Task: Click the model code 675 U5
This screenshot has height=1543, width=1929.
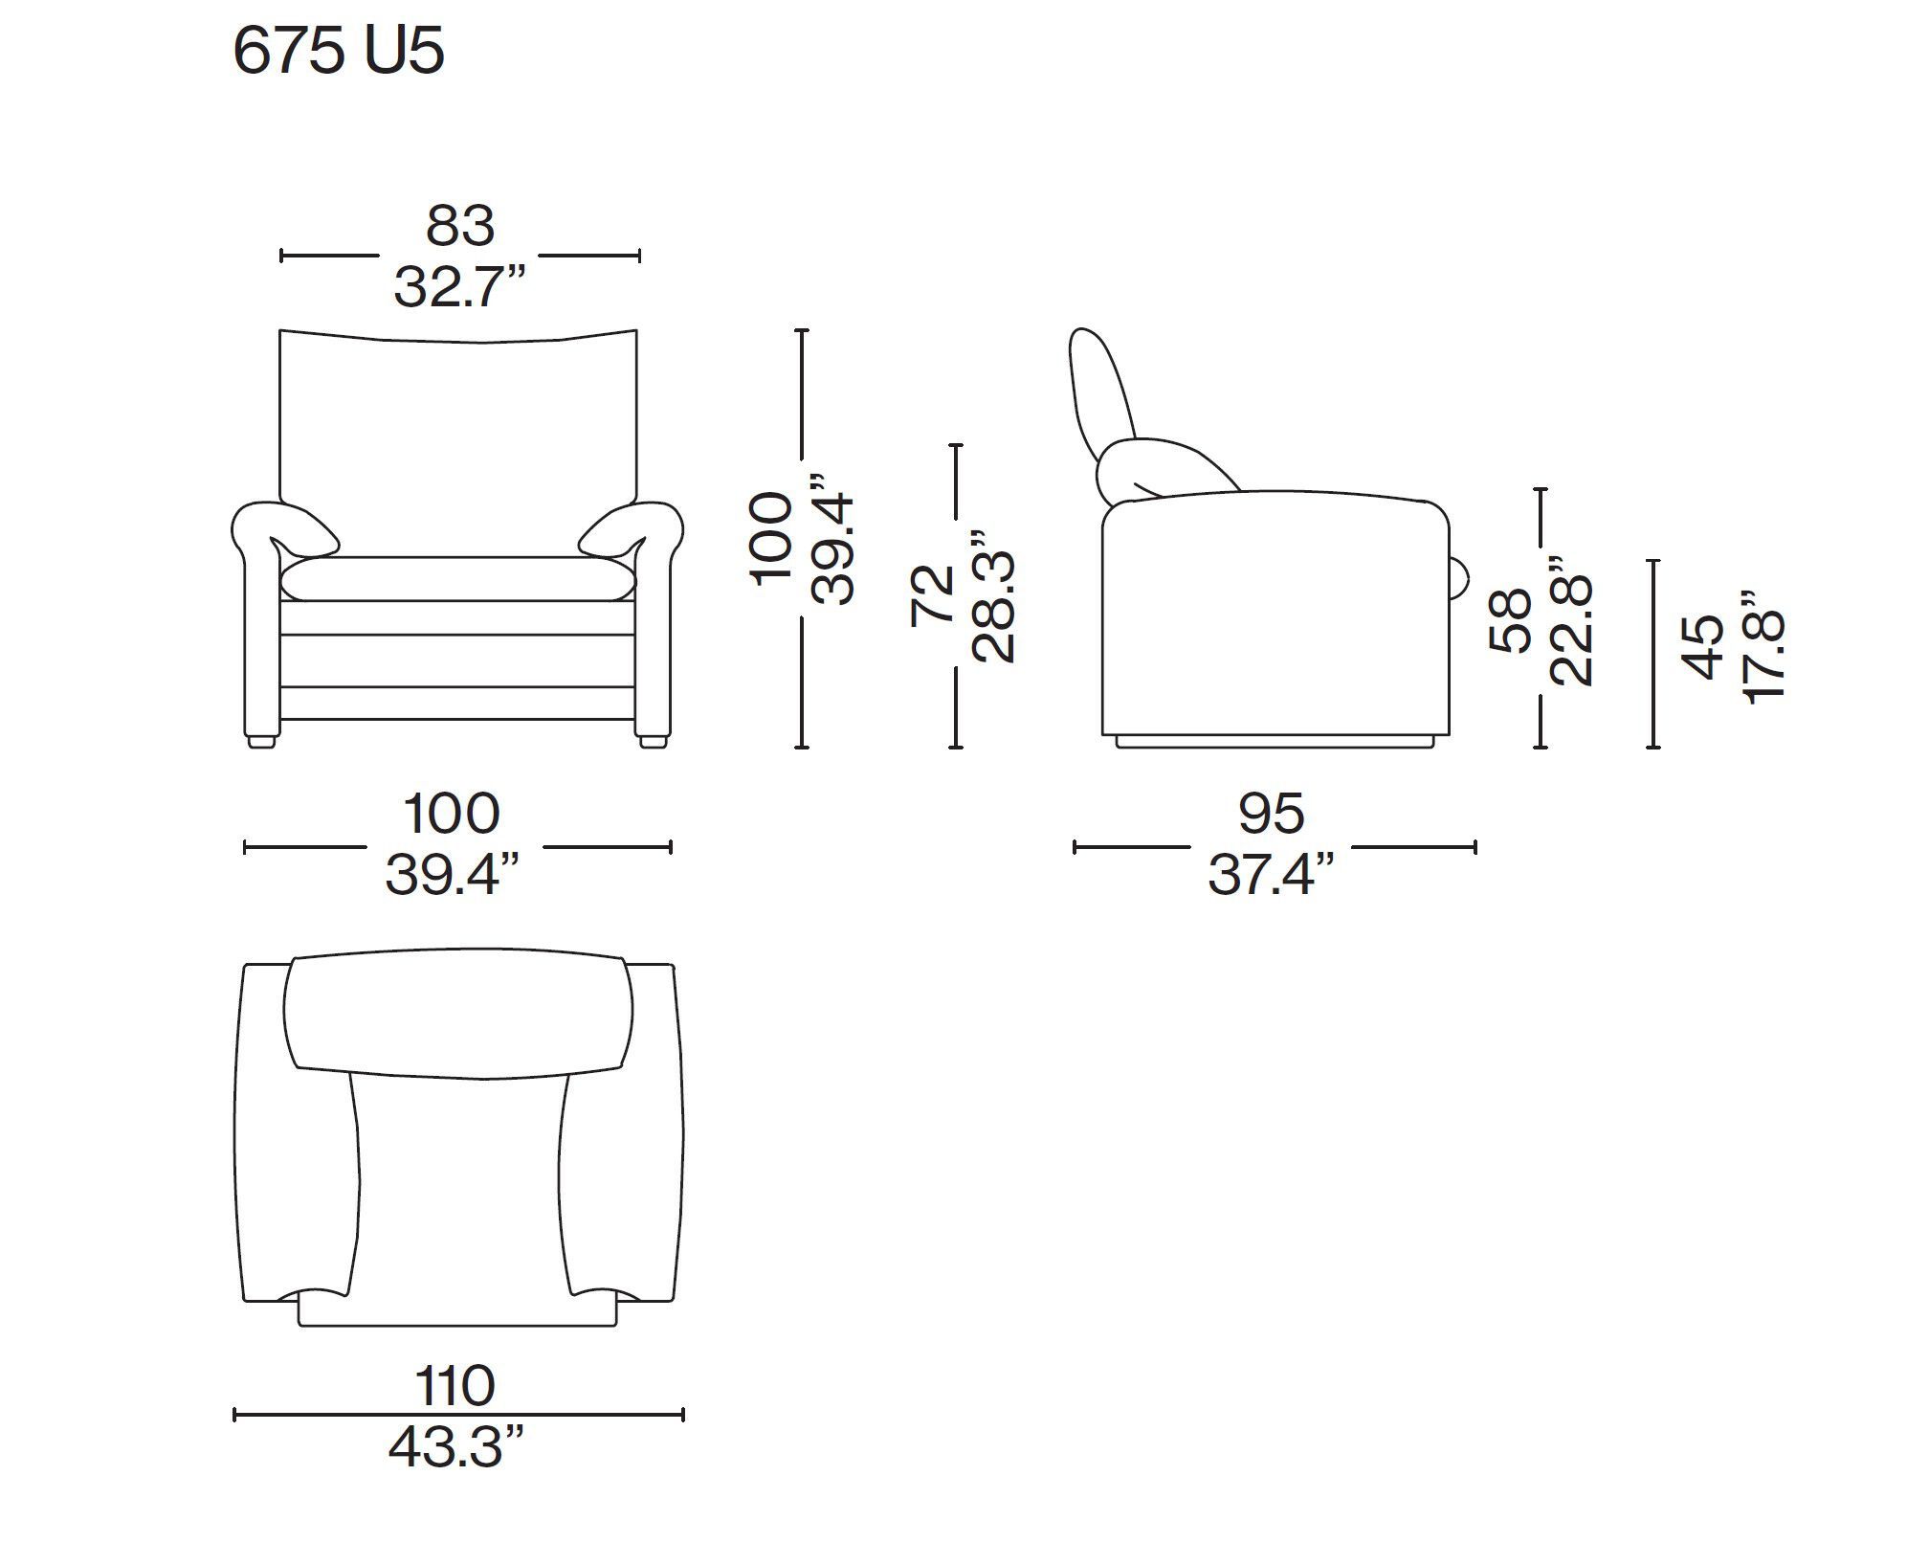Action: [x=339, y=52]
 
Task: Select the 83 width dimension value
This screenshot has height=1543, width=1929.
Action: [x=460, y=227]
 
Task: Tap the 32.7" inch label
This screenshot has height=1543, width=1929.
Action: [x=460, y=285]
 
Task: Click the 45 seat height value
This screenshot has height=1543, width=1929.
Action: [x=1704, y=648]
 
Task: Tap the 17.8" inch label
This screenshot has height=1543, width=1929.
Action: [x=1764, y=648]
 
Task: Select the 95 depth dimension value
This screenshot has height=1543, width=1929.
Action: [x=1272, y=814]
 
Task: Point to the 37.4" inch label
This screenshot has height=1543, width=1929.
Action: [x=1272, y=874]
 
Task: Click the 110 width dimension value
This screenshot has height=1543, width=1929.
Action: [x=455, y=1386]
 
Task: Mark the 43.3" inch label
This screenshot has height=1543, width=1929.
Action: [x=456, y=1447]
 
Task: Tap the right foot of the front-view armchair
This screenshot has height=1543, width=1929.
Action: [x=652, y=740]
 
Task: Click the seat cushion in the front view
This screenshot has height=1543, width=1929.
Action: [x=457, y=579]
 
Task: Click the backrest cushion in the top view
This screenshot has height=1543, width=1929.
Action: [x=457, y=1015]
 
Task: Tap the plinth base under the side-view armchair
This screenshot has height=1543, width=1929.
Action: [x=1275, y=741]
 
